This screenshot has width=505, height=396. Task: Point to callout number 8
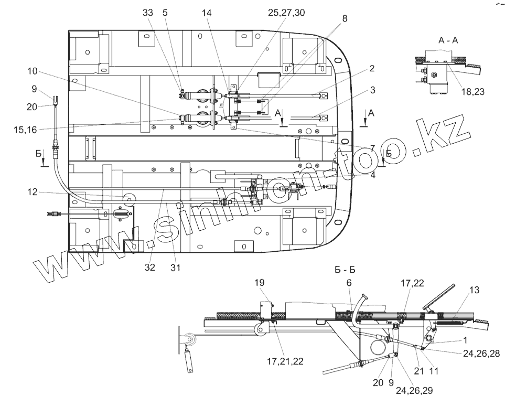(344, 19)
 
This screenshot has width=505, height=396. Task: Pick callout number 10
(32, 70)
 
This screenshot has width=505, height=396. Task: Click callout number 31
(175, 267)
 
